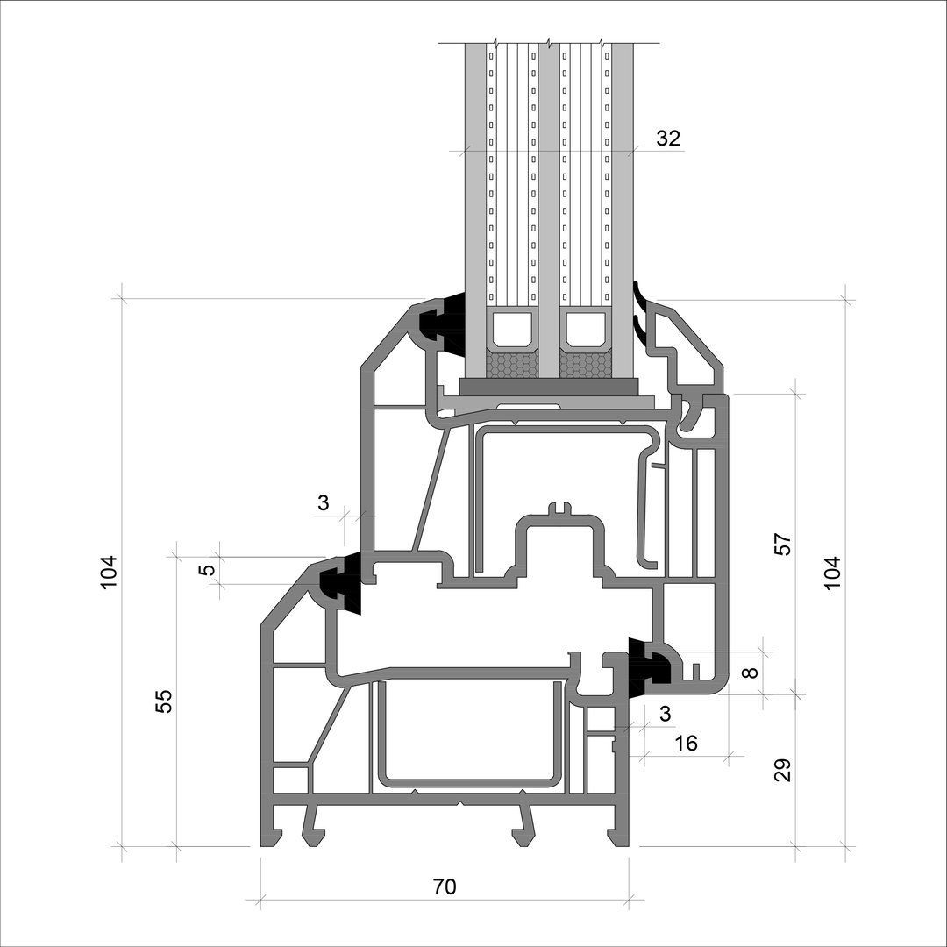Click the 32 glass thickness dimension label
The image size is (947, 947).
click(x=668, y=139)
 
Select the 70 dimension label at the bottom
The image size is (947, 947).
click(x=445, y=886)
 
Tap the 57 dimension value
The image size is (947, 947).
click(x=782, y=545)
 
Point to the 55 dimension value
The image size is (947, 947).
click(x=164, y=701)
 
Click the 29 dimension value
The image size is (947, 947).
click(x=782, y=770)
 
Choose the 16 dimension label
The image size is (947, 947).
click(x=686, y=743)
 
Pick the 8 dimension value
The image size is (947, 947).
click(x=750, y=673)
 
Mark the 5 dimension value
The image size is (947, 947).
click(x=207, y=570)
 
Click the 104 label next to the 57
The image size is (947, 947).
click(x=832, y=573)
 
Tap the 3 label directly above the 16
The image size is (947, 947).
click(x=665, y=714)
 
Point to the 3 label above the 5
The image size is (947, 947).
click(x=323, y=502)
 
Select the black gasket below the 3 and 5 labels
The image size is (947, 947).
click(x=340, y=583)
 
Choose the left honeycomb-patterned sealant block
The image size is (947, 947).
click(x=513, y=365)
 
